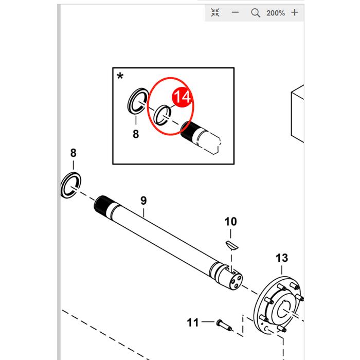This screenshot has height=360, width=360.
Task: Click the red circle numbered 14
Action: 182,97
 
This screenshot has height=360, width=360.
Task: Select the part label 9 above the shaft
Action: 143,201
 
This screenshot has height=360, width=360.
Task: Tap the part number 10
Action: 230,222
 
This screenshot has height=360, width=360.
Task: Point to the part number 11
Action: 193,322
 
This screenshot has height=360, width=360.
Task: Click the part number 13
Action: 282,258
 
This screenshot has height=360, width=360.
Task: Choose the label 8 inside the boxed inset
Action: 136,134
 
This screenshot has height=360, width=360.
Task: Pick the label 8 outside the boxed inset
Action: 73,153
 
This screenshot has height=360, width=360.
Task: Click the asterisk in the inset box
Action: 120,76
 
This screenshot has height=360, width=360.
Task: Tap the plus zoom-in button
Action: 295,12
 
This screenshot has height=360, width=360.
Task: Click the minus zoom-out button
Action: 235,12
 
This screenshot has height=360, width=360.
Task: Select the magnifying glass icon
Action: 255,13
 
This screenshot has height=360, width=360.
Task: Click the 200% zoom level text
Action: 276,13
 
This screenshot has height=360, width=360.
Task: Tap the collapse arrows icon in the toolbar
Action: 215,12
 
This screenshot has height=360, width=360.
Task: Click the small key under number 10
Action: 232,245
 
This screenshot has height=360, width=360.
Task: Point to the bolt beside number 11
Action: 224,325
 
